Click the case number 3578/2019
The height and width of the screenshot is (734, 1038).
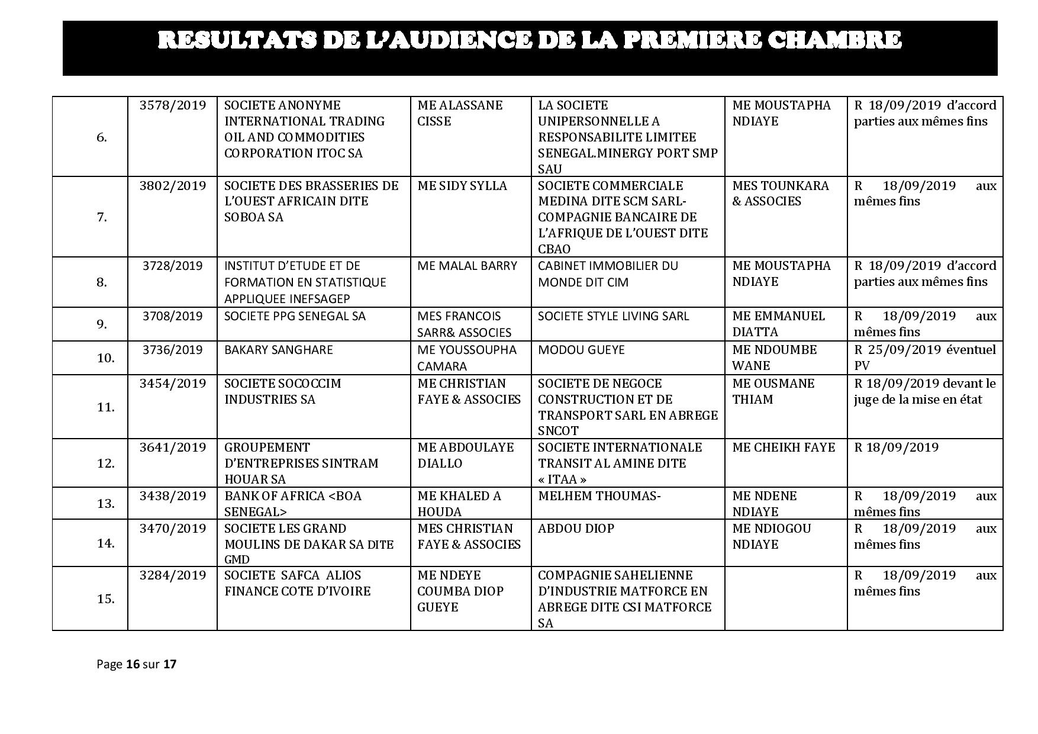173,105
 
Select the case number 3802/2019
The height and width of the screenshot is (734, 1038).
173,186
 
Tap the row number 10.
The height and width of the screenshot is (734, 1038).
105,358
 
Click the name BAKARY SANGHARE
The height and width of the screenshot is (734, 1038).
278,350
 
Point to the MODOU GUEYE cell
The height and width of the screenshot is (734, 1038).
581,350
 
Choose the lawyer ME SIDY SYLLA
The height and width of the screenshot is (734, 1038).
462,186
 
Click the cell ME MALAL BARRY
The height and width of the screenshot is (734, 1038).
467,266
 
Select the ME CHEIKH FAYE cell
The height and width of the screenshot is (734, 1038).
784,448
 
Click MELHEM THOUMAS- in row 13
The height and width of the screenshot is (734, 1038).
599,496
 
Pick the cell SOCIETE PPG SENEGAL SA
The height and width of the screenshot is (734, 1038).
295,316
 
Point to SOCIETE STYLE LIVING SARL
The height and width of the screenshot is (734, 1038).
613,316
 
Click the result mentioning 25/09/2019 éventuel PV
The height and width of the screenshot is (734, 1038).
924,358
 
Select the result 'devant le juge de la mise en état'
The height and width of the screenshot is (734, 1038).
924,391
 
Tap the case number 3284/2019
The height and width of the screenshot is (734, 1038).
173,575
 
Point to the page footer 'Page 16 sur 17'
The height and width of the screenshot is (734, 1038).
136,664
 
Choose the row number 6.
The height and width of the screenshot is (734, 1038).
102,137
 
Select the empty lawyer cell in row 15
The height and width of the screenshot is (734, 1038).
785,598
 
